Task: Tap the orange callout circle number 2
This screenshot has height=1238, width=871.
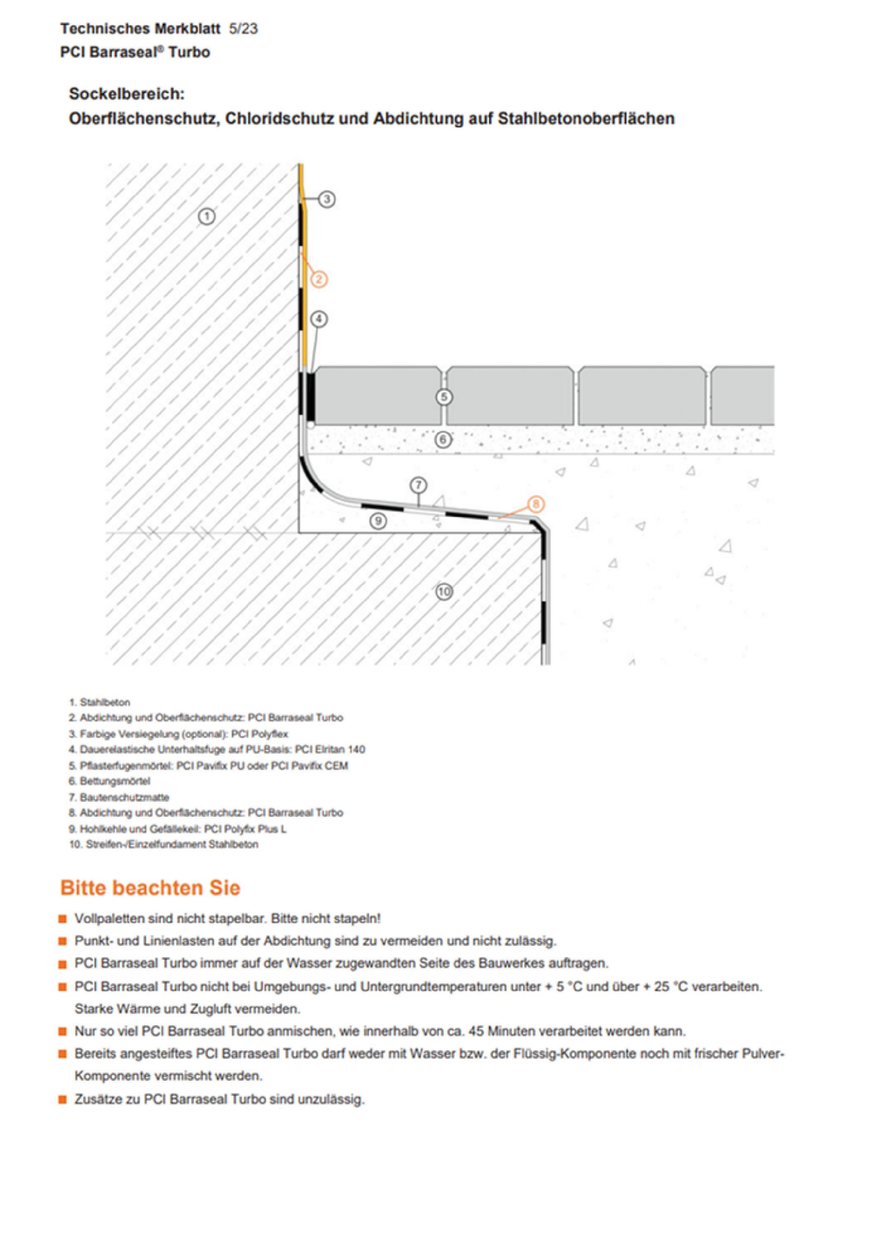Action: [319, 279]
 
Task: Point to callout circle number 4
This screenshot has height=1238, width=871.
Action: [319, 319]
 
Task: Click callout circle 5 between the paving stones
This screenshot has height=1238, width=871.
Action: [444, 397]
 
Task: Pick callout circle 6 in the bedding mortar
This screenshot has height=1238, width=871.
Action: [443, 440]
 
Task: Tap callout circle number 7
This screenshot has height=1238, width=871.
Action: [419, 485]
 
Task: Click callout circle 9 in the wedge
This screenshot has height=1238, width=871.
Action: [378, 520]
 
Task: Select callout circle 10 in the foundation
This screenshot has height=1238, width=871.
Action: [444, 592]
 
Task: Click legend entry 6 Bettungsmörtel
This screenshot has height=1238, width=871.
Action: [109, 781]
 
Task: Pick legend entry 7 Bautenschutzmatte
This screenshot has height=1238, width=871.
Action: [118, 797]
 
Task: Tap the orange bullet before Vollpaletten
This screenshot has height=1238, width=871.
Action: [64, 919]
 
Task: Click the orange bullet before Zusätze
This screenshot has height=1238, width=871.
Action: [64, 1099]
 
